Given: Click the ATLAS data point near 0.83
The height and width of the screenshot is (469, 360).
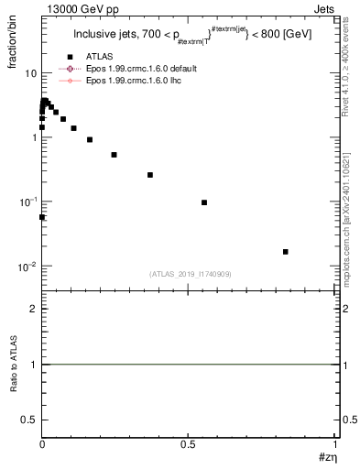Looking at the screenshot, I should point(286,251).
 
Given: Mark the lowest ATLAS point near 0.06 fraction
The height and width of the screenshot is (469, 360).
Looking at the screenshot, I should point(42,217).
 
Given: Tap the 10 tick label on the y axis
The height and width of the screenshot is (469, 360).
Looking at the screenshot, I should point(29,73).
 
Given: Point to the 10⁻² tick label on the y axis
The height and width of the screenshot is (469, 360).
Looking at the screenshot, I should point(27,267).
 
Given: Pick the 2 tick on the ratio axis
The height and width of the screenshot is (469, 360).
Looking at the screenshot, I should point(33,309).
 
